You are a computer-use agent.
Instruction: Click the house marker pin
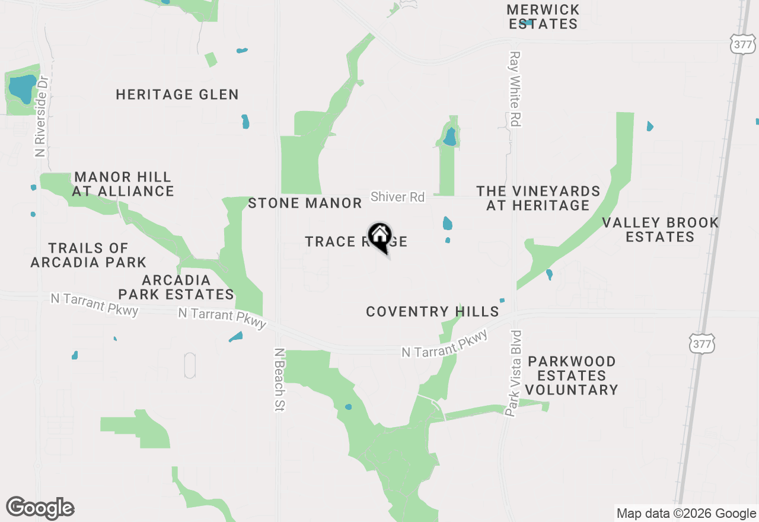point(380,237)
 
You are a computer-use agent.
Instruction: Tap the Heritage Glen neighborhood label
point(177,94)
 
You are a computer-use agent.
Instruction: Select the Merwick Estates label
point(543,17)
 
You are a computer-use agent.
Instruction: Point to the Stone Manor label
point(305,203)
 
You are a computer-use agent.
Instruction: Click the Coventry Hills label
point(432,311)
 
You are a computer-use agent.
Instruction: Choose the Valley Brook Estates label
point(661,230)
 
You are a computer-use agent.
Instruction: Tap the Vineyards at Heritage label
point(538,198)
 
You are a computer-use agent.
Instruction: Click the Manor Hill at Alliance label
point(123,184)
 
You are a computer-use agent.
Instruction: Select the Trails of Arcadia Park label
point(88,254)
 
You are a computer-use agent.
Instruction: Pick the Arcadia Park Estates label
point(176,287)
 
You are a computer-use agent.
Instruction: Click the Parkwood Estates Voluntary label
point(572,375)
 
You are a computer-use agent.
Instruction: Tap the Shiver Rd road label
point(398,197)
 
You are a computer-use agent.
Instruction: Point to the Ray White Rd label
point(515,88)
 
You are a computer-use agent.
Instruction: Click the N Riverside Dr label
point(40,118)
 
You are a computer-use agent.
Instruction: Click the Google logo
point(40,508)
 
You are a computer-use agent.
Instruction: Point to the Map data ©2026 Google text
point(686,514)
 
